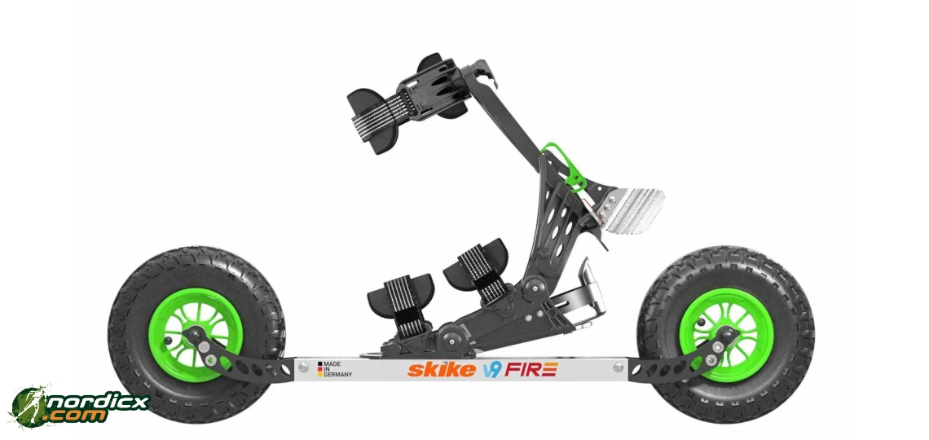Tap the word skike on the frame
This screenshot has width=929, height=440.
tap(442, 370)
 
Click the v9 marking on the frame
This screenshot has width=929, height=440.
tap(491, 370)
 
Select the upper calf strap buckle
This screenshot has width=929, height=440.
tap(429, 89)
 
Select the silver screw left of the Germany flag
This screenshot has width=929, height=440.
tap(303, 368)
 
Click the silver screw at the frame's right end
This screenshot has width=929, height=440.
tap(615, 368)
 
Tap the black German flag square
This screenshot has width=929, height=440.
tap(320, 363)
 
